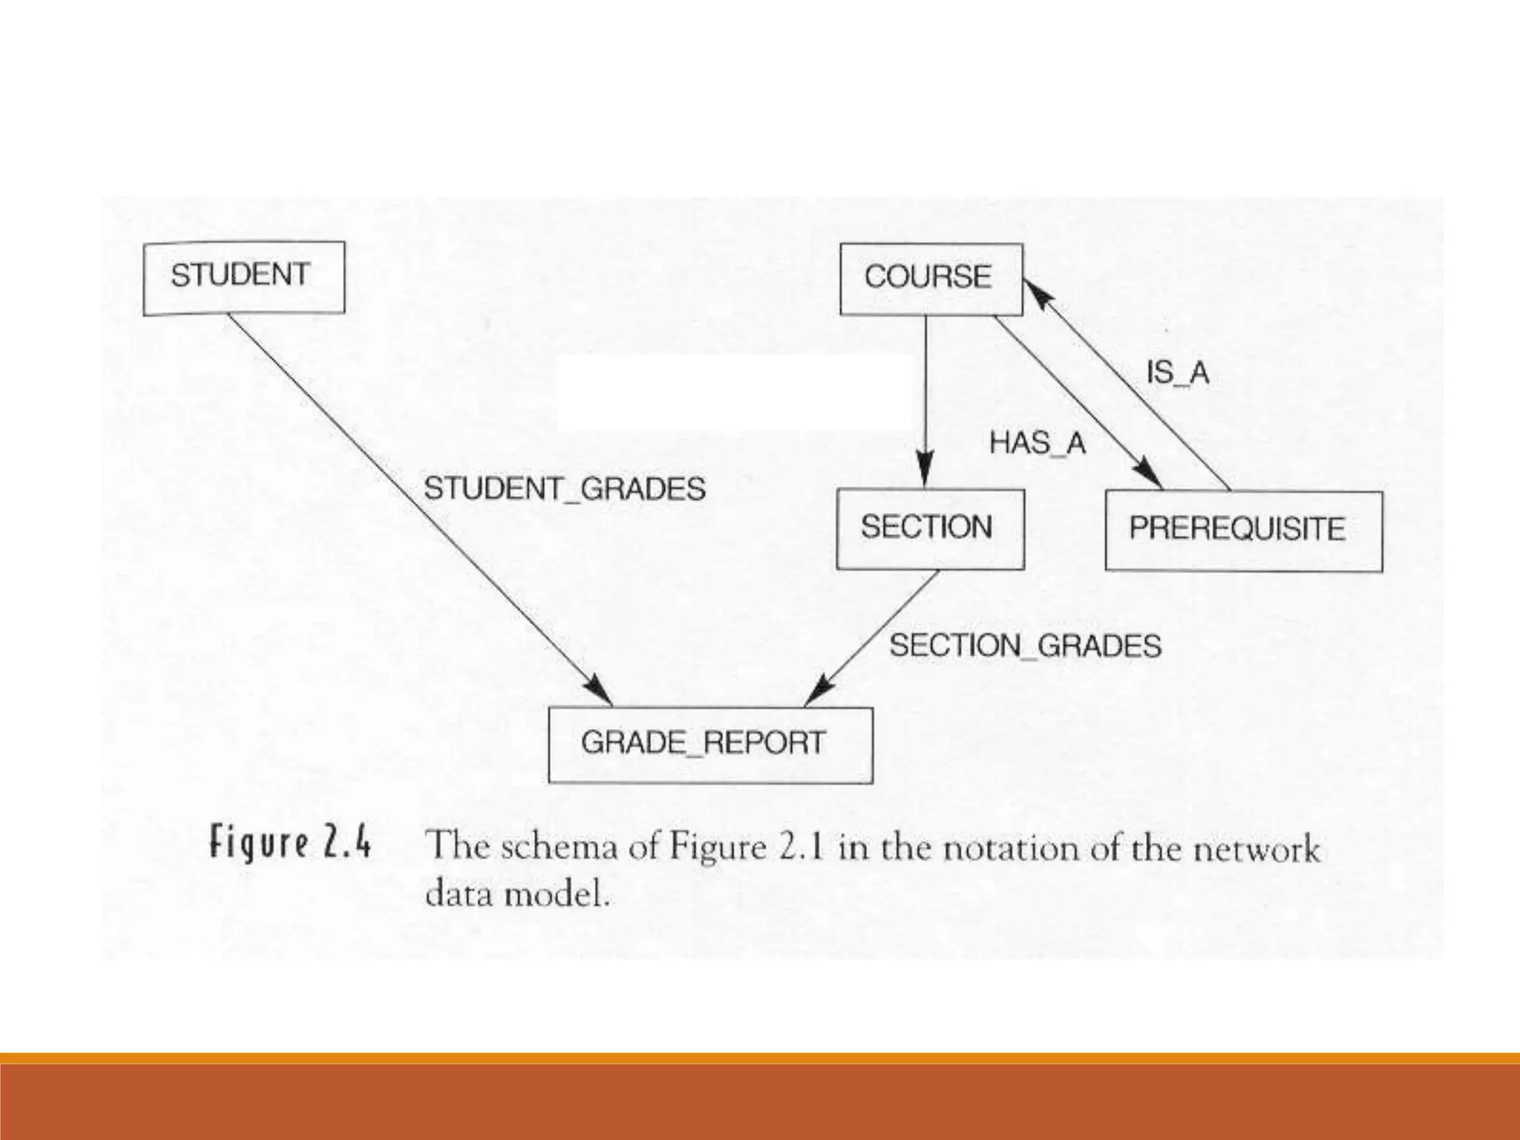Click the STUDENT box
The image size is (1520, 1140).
243,278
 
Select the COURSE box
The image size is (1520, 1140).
930,278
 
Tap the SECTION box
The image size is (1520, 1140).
929,528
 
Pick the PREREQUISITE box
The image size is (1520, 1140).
1243,531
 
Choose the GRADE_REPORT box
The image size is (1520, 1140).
710,744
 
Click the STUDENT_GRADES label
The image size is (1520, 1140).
564,489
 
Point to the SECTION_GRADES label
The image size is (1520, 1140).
1025,646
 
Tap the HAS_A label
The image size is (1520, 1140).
1037,444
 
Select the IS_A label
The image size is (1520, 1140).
1178,373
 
